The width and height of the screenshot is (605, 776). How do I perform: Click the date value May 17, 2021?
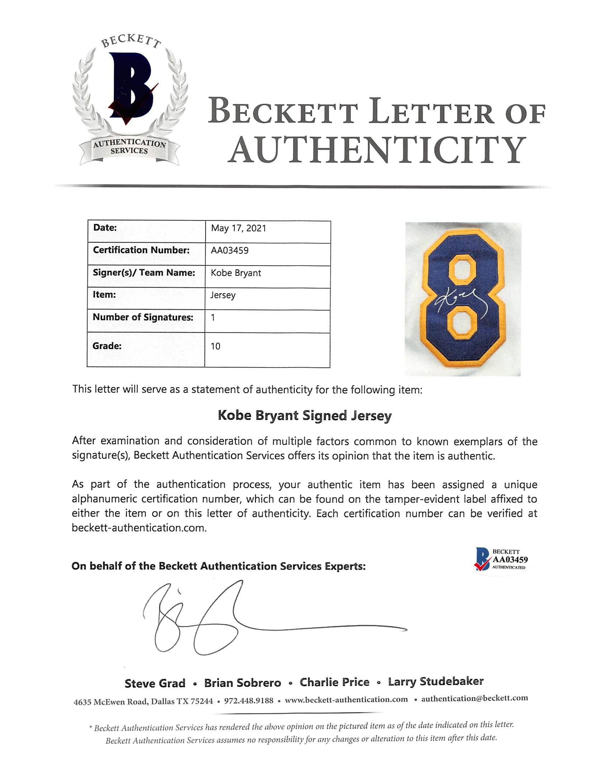point(238,229)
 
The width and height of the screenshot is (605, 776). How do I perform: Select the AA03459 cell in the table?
point(230,251)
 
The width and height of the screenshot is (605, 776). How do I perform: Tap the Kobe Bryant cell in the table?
point(236,273)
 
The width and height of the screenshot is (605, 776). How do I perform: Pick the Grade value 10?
point(215,346)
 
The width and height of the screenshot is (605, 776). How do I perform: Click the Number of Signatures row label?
point(143,317)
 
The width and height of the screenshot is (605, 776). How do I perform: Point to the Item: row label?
point(104,295)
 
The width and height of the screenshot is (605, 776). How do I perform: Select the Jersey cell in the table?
point(223,295)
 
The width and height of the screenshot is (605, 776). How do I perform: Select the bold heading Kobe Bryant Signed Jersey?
point(305,416)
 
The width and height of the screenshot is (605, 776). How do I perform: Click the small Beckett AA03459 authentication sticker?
point(501,560)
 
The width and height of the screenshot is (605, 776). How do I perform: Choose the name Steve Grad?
point(155,683)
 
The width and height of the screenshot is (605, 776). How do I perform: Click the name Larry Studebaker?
point(436,681)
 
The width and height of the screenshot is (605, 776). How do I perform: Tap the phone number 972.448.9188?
point(249,700)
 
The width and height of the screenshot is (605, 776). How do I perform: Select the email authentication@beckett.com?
point(474,698)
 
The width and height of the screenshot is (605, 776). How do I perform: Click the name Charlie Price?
point(334,682)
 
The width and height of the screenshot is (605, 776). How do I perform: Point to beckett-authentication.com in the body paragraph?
point(139,528)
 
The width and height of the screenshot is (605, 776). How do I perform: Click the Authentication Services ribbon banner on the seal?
point(129,147)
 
